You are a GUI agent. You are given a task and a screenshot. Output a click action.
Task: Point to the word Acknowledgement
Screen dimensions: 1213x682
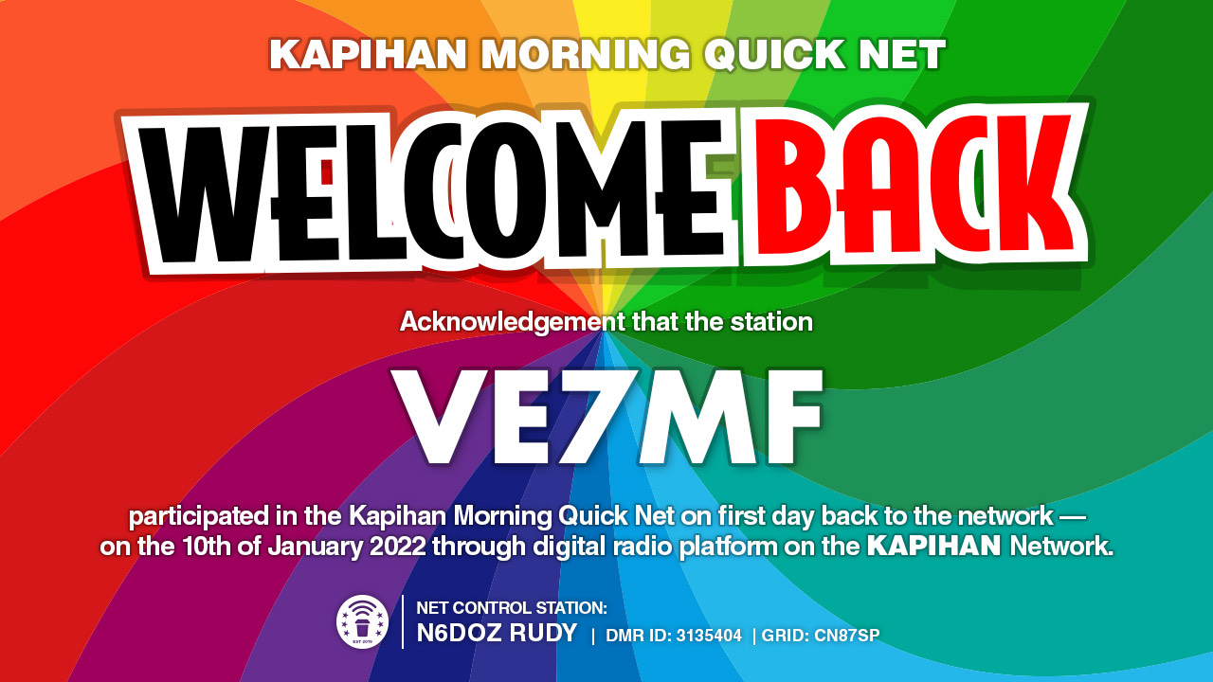513,323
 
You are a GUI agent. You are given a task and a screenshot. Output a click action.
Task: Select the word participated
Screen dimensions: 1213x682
198,517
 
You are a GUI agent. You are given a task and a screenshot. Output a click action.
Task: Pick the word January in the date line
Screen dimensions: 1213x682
316,547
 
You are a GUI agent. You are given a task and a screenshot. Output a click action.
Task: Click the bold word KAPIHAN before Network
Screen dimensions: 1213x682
933,546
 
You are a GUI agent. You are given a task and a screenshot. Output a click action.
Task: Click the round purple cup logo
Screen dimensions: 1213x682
362,622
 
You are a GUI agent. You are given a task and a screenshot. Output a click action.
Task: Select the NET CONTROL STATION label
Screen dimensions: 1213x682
512,608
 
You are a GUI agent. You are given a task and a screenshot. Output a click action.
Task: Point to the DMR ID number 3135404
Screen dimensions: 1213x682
709,636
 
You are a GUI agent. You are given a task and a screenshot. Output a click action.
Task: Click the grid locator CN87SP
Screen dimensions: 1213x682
847,636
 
